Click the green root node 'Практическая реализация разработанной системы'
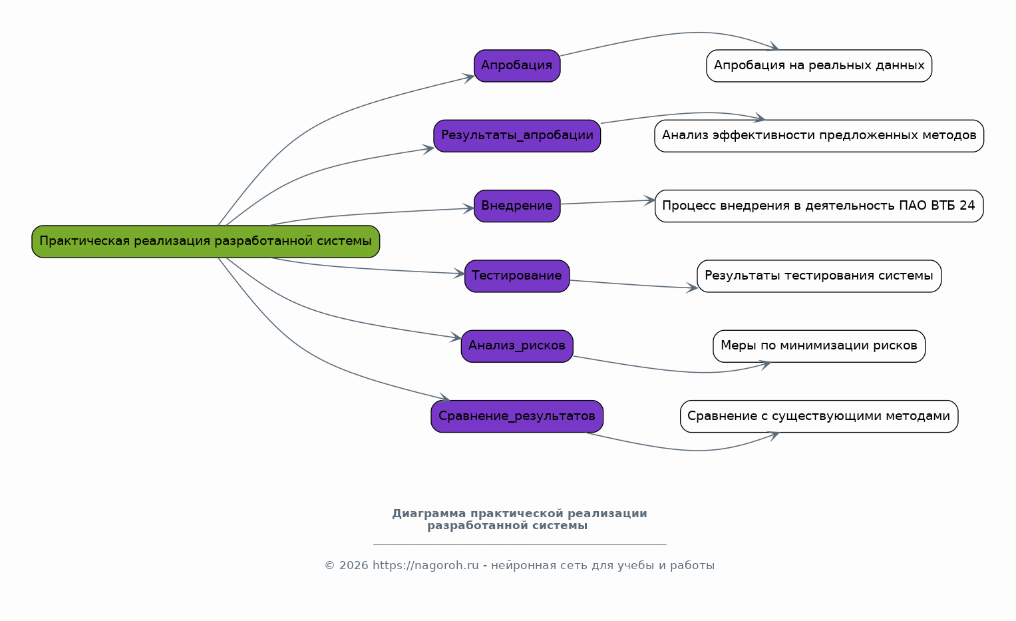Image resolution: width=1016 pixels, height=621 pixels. coord(206,242)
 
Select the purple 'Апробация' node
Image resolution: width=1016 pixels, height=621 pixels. coord(517,66)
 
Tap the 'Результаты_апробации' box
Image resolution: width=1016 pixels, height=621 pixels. coord(517,136)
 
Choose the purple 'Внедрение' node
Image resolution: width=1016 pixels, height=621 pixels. coord(517,206)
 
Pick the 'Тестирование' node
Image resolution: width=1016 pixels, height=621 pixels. coord(517,276)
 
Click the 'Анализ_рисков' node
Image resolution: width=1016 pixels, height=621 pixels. coord(517,346)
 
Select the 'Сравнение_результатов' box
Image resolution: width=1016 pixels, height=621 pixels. coord(517,417)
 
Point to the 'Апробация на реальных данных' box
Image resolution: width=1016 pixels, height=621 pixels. coord(819,66)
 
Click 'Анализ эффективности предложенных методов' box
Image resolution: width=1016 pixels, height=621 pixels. coord(819,136)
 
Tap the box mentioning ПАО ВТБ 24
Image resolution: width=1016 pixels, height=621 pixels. coord(819,206)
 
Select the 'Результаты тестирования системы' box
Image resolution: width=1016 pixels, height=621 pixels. coord(819,276)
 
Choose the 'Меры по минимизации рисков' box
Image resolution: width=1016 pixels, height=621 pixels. coord(819,346)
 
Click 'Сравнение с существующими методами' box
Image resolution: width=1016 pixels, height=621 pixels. coord(819,417)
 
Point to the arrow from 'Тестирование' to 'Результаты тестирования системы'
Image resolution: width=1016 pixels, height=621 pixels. coord(632,284)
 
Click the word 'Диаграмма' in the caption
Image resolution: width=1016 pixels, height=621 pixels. coord(429,514)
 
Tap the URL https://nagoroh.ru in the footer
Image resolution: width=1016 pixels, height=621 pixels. coord(425,566)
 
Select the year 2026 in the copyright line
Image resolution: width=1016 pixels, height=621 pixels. coord(353,566)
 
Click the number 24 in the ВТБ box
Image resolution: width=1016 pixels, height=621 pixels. coord(967,206)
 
